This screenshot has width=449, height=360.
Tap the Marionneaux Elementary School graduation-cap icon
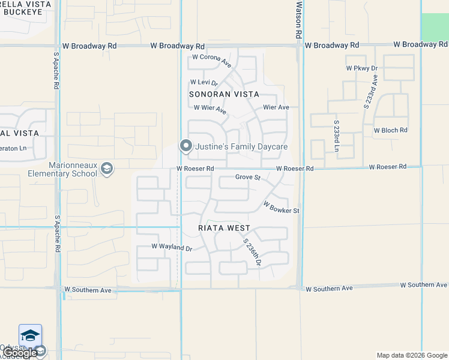pyautogui.click(x=106, y=169)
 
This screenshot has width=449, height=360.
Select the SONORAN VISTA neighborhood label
pyautogui.click(x=224, y=94)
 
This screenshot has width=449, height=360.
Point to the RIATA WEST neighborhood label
pyautogui.click(x=224, y=228)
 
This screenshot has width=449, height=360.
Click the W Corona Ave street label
pyautogui.click(x=211, y=61)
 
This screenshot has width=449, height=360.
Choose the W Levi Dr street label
pyautogui.click(x=203, y=82)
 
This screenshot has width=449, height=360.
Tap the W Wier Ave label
pyautogui.click(x=210, y=109)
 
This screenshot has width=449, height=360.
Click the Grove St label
pyautogui.click(x=247, y=177)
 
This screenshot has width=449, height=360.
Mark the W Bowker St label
pyautogui.click(x=281, y=207)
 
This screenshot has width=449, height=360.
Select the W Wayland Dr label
pyautogui.click(x=171, y=247)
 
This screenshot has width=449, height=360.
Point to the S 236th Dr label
pyautogui.click(x=252, y=252)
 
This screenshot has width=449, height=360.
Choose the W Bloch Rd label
pyautogui.click(x=390, y=130)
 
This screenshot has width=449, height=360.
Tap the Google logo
pyautogui.click(x=20, y=353)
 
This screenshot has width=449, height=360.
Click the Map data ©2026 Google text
pyautogui.click(x=411, y=355)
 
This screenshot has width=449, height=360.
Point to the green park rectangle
pyautogui.click(x=435, y=27)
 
